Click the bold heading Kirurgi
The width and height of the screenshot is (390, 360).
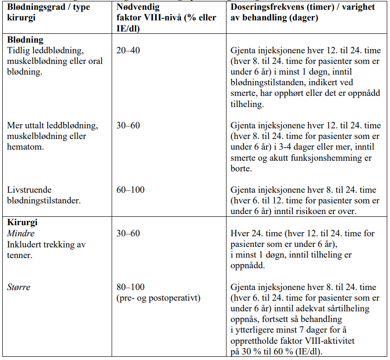click(22, 223)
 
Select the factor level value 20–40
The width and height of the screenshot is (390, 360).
click(128, 51)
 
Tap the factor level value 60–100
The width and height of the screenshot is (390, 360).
click(130, 189)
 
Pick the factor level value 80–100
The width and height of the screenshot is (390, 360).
click(130, 287)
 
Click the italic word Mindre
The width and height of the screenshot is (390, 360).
click(21, 234)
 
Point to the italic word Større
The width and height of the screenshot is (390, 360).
click(19, 287)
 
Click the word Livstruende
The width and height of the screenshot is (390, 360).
click(29, 189)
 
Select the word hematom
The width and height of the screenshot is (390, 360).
click(24, 147)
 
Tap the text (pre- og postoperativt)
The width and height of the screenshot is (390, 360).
click(158, 298)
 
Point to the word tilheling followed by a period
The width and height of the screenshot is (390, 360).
click(247, 105)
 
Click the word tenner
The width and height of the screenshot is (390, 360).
click(19, 255)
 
